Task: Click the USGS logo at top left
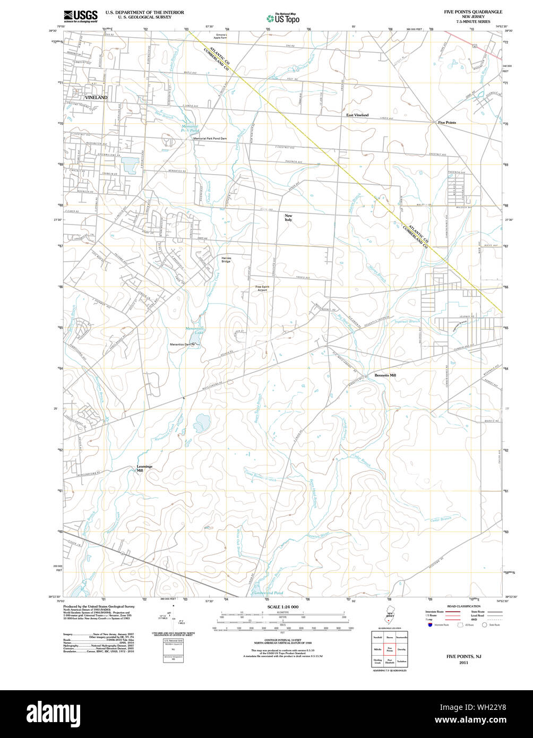point(80,16)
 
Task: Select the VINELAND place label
point(96,98)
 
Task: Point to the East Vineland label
point(357,115)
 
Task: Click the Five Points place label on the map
point(446,123)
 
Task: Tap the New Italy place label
point(288,217)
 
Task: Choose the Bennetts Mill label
point(385,375)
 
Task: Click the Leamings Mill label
point(144,468)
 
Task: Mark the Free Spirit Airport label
point(262,288)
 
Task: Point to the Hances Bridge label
point(226,260)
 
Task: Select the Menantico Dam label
point(180,345)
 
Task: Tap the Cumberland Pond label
point(267,593)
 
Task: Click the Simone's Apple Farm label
point(220,36)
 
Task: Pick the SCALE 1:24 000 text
point(282,606)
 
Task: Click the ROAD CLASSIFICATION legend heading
point(463,606)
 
